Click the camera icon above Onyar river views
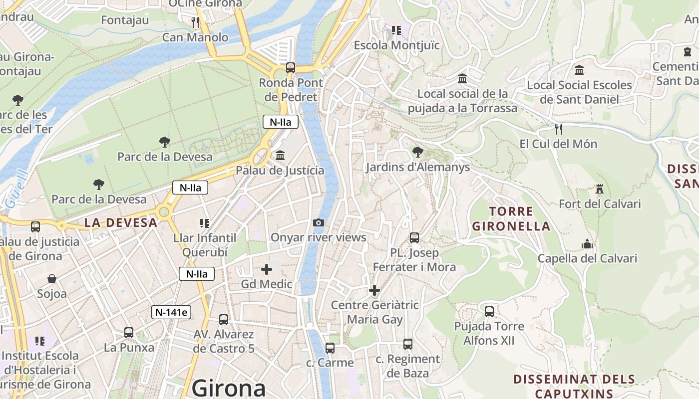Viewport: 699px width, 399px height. [318, 223]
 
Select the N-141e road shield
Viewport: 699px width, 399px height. [171, 312]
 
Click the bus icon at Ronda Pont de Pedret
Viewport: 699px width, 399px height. [290, 68]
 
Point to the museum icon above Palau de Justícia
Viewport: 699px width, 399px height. [280, 156]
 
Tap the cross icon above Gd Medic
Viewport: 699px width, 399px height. [267, 270]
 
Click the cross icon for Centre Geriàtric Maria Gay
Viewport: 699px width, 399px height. [374, 290]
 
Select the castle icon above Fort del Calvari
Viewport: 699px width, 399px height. [600, 189]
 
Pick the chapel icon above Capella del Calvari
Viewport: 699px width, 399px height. [587, 244]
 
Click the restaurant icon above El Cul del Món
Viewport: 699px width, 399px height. [558, 129]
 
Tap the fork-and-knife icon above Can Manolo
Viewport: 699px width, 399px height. [195, 22]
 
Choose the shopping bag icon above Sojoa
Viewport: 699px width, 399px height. [51, 279]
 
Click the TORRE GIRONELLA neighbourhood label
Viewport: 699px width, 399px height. [511, 219]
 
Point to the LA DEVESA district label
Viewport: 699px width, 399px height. [121, 222]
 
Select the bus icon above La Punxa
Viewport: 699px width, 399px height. [129, 332]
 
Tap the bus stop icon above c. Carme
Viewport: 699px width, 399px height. [330, 348]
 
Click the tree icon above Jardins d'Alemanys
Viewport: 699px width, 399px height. [417, 152]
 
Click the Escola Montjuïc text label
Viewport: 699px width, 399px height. [397, 45]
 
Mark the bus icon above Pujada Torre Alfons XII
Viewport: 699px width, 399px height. [489, 312]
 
